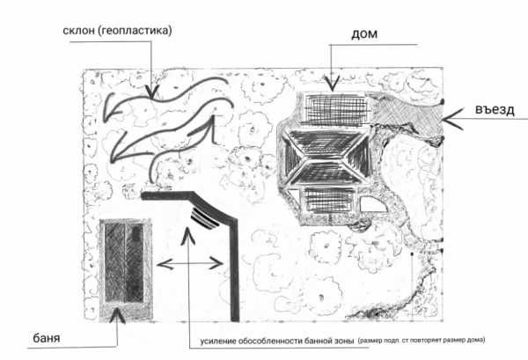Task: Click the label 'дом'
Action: [364, 34]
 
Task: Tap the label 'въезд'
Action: [495, 109]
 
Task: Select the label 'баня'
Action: [47, 338]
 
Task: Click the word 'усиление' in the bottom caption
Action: [218, 342]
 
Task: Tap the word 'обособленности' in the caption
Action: [270, 341]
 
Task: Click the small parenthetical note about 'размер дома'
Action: [422, 340]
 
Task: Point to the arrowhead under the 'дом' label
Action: [332, 84]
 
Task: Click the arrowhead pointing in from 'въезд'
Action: [452, 119]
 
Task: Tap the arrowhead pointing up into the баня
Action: [117, 315]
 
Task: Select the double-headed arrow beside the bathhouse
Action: [190, 263]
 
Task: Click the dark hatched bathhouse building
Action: [125, 262]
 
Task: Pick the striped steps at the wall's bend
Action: [204, 218]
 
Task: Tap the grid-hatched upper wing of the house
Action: [336, 109]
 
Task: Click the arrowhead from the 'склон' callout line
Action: [152, 92]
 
